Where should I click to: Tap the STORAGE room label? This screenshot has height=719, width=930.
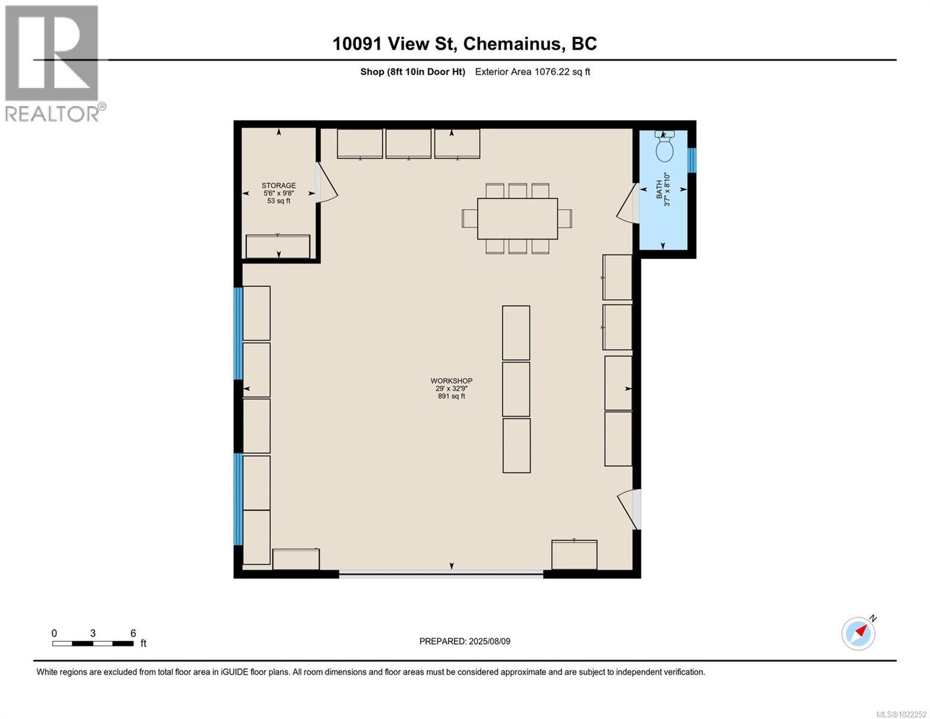pyautogui.click(x=278, y=186)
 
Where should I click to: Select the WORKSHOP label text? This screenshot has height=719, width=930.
pyautogui.click(x=451, y=381)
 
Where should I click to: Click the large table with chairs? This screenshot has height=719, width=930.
pyautogui.click(x=517, y=219)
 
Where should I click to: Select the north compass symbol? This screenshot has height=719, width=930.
pyautogui.click(x=859, y=633)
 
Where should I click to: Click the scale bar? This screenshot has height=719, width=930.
pyautogui.click(x=93, y=644)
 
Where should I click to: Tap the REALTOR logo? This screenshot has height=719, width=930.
pyautogui.click(x=53, y=64)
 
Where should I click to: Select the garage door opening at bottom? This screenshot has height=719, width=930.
pyautogui.click(x=441, y=574)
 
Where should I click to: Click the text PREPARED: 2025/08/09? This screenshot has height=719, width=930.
pyautogui.click(x=465, y=641)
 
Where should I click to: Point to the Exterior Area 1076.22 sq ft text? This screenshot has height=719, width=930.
pyautogui.click(x=532, y=72)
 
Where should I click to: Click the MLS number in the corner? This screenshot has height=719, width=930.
pyautogui.click(x=901, y=714)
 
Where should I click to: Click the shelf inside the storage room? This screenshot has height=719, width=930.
pyautogui.click(x=278, y=247)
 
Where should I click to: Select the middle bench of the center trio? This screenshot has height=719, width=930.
pyautogui.click(x=516, y=389)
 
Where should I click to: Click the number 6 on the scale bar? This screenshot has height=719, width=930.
pyautogui.click(x=133, y=633)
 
